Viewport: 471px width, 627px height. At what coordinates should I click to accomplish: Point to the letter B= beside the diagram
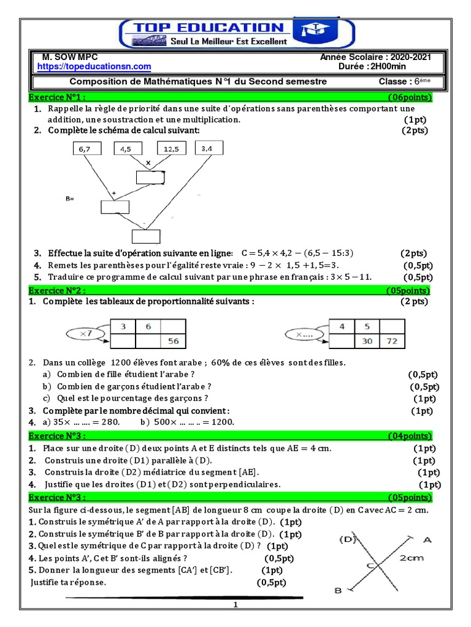(x=69, y=198)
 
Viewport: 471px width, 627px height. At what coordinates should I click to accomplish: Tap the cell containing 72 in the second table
(x=391, y=342)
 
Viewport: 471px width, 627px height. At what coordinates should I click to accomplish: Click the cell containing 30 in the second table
(x=367, y=342)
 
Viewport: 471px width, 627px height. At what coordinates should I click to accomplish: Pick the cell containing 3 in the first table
(x=123, y=327)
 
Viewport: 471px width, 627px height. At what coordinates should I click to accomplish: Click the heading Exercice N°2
(x=57, y=290)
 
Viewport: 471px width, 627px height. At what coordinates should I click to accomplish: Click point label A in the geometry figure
(x=427, y=539)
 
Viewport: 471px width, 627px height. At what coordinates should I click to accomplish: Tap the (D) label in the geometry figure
(x=348, y=539)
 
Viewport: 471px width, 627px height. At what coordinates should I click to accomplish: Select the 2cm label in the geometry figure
(x=412, y=558)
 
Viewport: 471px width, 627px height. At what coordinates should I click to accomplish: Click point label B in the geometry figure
(x=338, y=590)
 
